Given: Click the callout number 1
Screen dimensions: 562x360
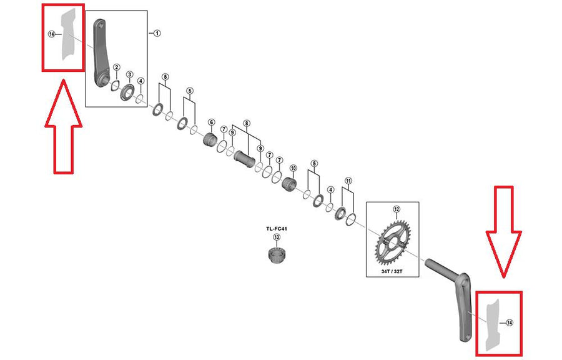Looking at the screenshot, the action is pyautogui.click(x=157, y=33).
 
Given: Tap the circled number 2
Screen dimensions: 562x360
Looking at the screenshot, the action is pyautogui.click(x=117, y=67).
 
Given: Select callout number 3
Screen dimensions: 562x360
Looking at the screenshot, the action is pyautogui.click(x=130, y=74).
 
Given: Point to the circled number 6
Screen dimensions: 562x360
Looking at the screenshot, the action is pyautogui.click(x=211, y=122).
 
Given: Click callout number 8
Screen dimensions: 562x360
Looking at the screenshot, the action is pyautogui.click(x=246, y=124).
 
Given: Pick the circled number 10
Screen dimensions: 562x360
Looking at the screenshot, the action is pyautogui.click(x=293, y=168).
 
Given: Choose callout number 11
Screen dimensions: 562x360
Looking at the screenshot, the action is pyautogui.click(x=348, y=181).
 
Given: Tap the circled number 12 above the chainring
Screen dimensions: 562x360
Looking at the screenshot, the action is pyautogui.click(x=396, y=209).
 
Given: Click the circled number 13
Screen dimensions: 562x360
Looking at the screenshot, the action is pyautogui.click(x=277, y=237).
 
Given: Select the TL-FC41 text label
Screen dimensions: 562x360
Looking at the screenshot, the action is pyautogui.click(x=277, y=228).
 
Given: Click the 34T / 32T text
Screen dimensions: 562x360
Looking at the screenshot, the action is pyautogui.click(x=392, y=271).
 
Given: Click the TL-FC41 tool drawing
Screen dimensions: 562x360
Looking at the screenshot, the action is pyautogui.click(x=276, y=255).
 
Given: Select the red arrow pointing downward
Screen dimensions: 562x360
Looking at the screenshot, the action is pyautogui.click(x=503, y=232).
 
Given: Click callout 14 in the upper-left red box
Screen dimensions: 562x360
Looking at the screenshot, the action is pyautogui.click(x=52, y=34).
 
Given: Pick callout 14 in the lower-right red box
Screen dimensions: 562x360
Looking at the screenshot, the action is pyautogui.click(x=509, y=322).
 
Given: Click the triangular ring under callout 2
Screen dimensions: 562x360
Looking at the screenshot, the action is pyautogui.click(x=116, y=86).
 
